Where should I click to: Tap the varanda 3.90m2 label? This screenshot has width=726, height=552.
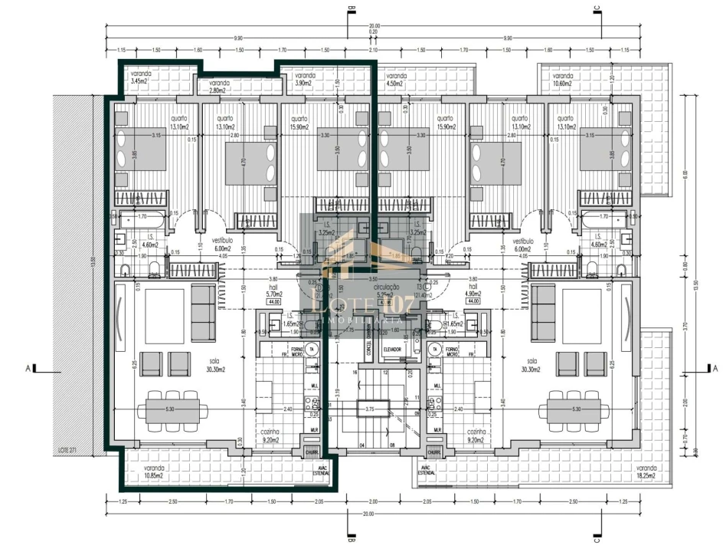click(305, 80)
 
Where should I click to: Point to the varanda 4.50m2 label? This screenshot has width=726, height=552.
click(396, 80)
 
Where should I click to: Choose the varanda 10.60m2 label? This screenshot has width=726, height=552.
click(563, 80)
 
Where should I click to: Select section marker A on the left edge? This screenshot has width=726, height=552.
click(28, 369)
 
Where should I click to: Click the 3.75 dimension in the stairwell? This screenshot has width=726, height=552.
click(371, 408)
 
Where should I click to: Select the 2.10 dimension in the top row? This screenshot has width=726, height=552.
click(373, 49)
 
